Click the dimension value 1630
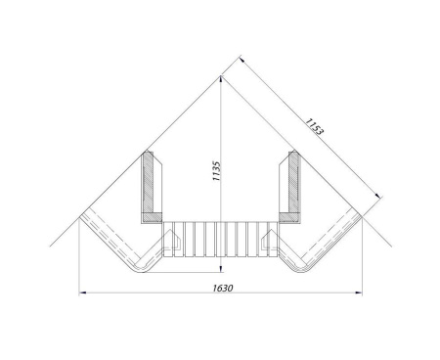click(x=223, y=288)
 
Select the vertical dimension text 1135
click(x=216, y=171)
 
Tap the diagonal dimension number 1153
click(x=314, y=126)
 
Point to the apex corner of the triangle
click(x=221, y=76)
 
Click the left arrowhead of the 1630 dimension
click(x=82, y=292)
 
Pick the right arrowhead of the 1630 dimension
click(x=359, y=292)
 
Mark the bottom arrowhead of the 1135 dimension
click(x=221, y=268)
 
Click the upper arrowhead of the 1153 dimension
click(x=242, y=60)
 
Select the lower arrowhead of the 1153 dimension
click(x=377, y=196)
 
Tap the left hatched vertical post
click(x=149, y=183)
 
